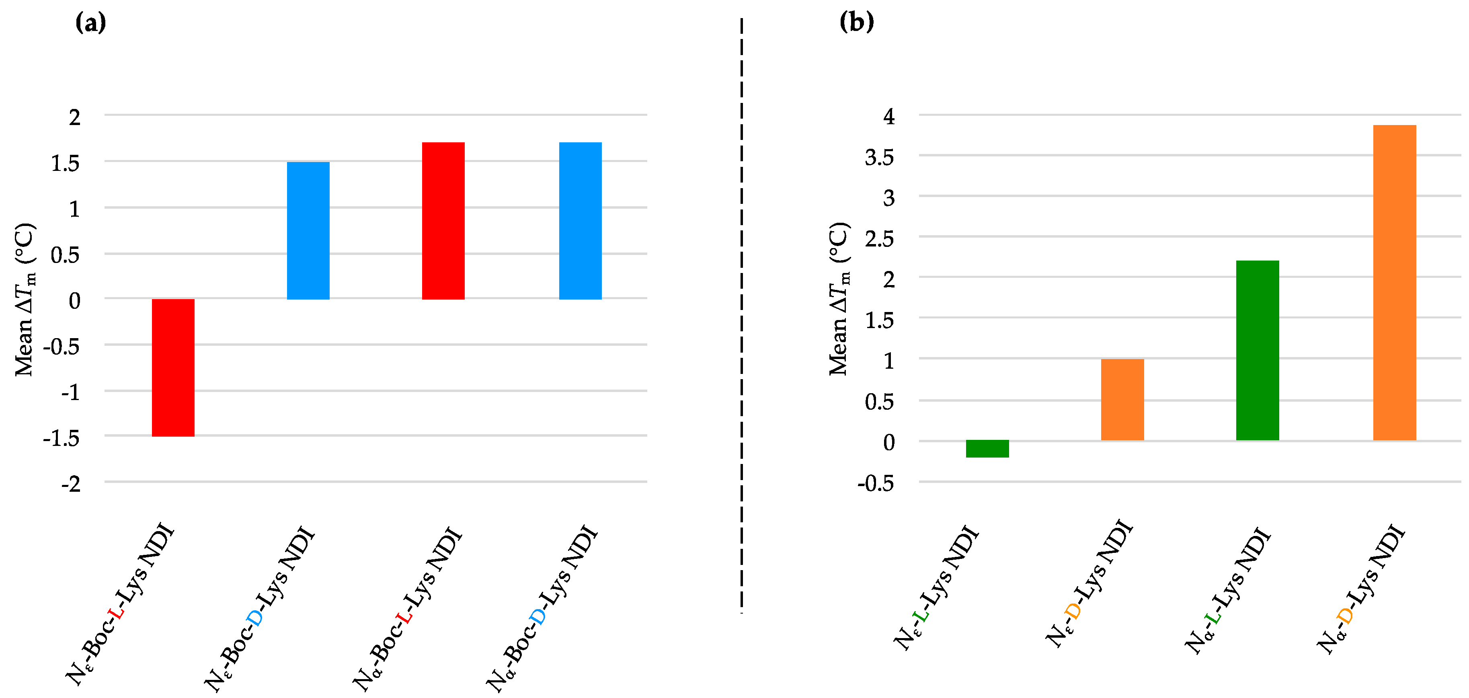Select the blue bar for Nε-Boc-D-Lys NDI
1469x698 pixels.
pyautogui.click(x=308, y=230)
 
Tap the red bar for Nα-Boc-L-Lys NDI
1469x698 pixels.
pyautogui.click(x=443, y=221)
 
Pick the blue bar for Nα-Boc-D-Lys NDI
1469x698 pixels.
pyautogui.click(x=580, y=221)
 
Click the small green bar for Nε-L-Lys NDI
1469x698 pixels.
pyautogui.click(x=987, y=448)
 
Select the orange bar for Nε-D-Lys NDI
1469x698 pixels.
pyautogui.click(x=1122, y=399)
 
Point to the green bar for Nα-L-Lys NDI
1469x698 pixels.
pyautogui.click(x=1258, y=350)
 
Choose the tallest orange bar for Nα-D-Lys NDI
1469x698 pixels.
pyautogui.click(x=1394, y=282)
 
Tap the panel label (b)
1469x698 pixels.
pyautogui.click(x=857, y=23)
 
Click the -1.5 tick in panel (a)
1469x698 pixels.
pyautogui.click(x=62, y=438)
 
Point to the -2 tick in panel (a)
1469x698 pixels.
pyautogui.click(x=71, y=484)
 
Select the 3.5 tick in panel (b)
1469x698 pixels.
pyautogui.click(x=879, y=157)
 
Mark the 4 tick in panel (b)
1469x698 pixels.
pyautogui.click(x=888, y=117)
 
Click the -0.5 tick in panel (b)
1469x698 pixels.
pyautogui.click(x=875, y=484)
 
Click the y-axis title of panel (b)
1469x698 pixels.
pyautogui.click(x=839, y=300)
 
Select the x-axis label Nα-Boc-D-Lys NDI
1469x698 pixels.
pyautogui.click(x=542, y=607)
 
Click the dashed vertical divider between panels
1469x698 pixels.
pyautogui.click(x=741, y=314)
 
